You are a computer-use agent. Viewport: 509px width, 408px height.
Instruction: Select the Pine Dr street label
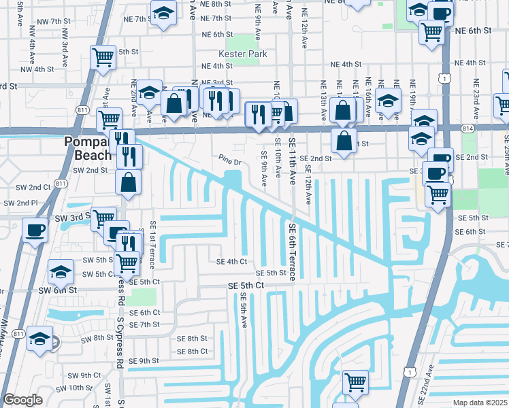230,162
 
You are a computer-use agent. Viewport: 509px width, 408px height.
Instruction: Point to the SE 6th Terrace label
291,252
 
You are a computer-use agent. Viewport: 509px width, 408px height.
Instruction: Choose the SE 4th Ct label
231,261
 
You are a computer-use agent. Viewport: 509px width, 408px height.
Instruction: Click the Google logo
22,400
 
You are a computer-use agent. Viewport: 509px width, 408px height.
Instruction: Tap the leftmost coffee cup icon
34,229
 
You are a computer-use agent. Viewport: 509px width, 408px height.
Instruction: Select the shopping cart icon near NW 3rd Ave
103,58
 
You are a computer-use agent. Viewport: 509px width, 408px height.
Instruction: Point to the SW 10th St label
75,388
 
